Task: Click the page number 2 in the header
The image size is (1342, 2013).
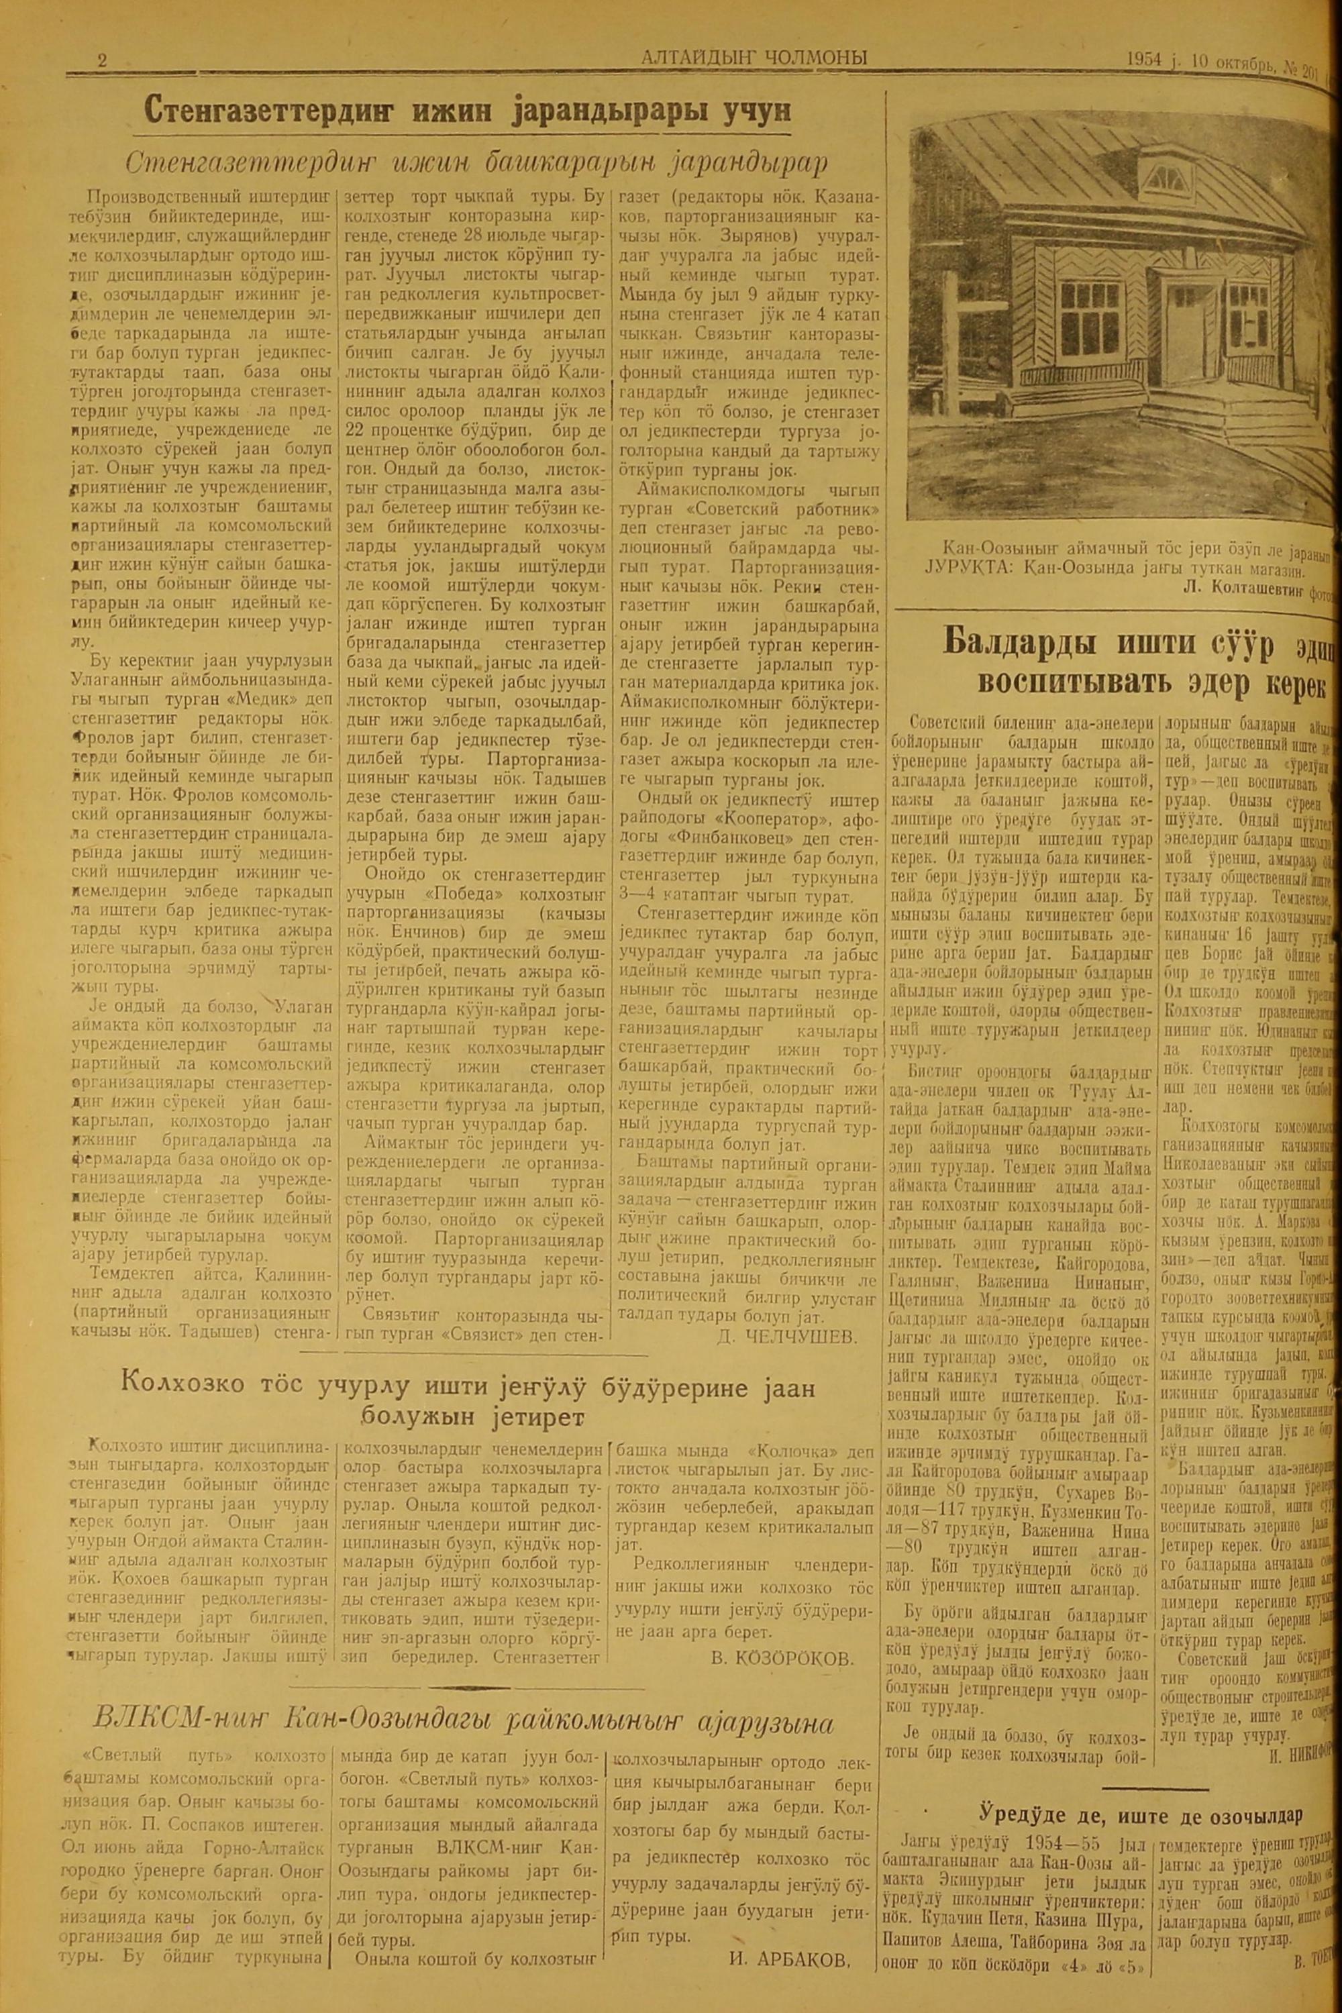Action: coord(102,60)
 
